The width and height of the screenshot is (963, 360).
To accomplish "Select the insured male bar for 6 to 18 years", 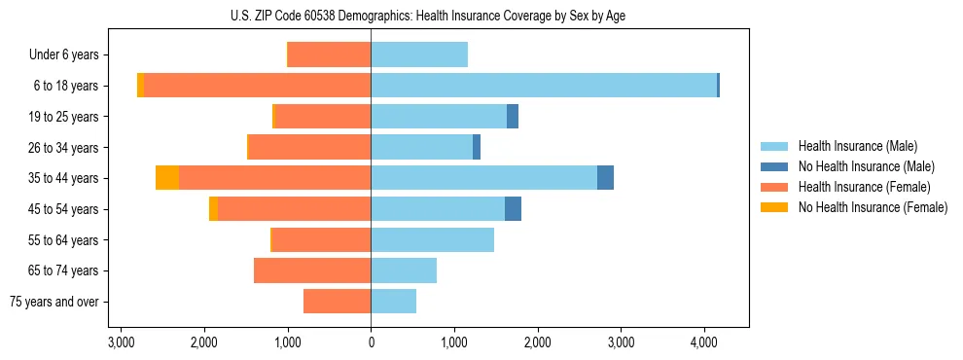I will [544, 86].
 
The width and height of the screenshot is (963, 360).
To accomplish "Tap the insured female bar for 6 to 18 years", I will [257, 86].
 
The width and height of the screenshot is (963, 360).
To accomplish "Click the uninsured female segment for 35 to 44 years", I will [167, 178].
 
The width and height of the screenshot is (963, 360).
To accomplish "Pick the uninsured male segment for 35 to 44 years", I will [605, 178].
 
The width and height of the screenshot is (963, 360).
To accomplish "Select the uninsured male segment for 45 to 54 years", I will [513, 209].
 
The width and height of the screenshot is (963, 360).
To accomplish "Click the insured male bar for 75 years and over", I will [393, 302].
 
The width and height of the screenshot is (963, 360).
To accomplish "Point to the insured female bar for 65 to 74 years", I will [312, 270].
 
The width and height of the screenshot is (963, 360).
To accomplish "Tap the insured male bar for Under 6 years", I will [419, 54].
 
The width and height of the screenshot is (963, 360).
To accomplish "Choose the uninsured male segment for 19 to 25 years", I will [513, 117].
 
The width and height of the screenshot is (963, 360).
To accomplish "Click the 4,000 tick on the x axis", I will [704, 342].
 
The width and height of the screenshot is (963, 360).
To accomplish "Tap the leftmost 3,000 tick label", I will [121, 342].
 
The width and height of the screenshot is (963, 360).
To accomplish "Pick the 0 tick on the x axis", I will [371, 342].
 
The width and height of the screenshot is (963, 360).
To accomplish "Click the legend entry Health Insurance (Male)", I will [857, 146].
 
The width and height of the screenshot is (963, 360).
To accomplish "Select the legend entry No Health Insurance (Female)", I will [873, 207].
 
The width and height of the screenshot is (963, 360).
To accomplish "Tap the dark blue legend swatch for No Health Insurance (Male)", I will [774, 166].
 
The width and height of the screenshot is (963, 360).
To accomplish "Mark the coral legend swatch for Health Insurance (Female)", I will [774, 187].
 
